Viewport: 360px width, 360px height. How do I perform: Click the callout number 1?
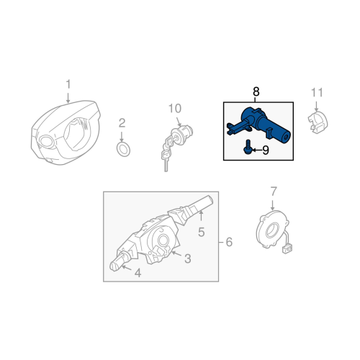(68, 84)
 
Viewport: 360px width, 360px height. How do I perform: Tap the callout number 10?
(175, 109)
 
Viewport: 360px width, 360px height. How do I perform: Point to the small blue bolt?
(247, 147)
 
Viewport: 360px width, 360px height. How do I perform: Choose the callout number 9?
(266, 150)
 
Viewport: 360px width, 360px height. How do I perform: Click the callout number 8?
(256, 91)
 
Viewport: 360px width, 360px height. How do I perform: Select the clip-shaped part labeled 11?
(319, 121)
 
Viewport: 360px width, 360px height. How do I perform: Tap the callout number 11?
(317, 93)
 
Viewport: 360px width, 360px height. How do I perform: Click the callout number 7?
(274, 192)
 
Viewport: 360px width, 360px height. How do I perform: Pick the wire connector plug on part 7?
(287, 249)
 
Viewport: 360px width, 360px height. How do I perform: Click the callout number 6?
(229, 242)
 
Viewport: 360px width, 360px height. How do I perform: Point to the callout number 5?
(201, 232)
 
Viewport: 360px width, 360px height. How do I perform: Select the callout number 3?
(188, 258)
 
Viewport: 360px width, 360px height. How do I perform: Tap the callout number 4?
(138, 273)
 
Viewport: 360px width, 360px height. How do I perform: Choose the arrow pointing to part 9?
(256, 150)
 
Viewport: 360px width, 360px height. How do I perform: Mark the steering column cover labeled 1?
(66, 132)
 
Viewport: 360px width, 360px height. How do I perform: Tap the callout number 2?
(122, 123)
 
